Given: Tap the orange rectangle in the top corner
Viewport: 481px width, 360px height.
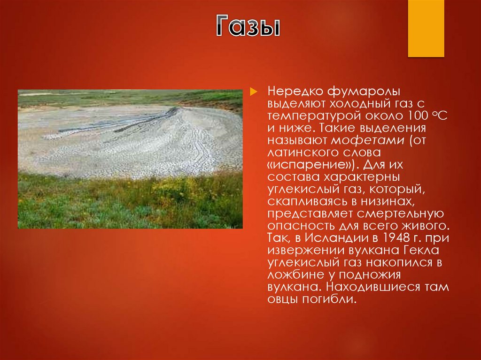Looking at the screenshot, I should (426, 28).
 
